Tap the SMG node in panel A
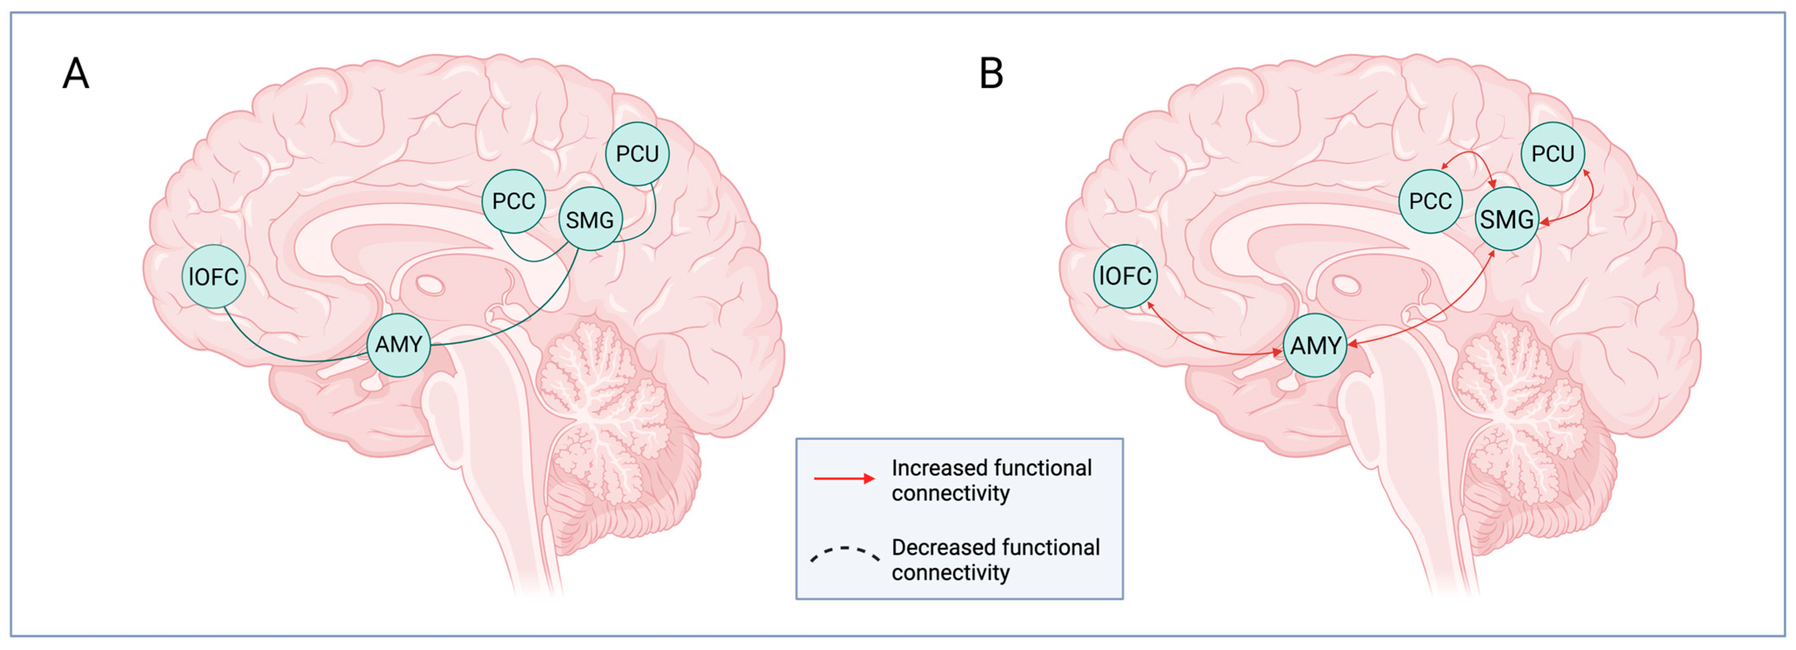tap(590, 220)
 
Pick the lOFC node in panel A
tap(213, 277)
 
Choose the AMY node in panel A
tap(398, 344)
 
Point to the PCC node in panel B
tap(1430, 202)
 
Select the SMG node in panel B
tap(1506, 220)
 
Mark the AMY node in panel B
tap(1315, 345)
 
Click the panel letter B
tap(991, 73)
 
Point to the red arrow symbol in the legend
tap(843, 478)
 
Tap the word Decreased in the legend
tap(941, 547)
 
